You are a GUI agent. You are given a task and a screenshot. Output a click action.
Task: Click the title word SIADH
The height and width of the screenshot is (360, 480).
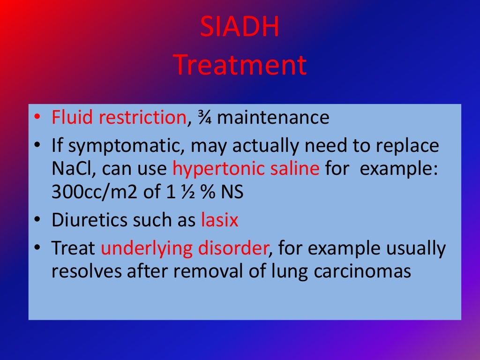pos(240,27)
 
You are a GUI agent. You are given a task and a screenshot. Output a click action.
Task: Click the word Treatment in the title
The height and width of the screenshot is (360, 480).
pos(240,65)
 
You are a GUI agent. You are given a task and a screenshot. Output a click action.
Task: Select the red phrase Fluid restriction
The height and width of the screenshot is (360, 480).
pos(119,118)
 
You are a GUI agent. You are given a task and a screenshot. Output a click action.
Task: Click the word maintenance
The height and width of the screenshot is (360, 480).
pos(273,118)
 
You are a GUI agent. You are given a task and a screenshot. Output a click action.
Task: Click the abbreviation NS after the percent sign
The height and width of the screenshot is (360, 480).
pos(234,192)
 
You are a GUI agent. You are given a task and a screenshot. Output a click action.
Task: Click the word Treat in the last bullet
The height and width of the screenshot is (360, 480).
pos(74,248)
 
